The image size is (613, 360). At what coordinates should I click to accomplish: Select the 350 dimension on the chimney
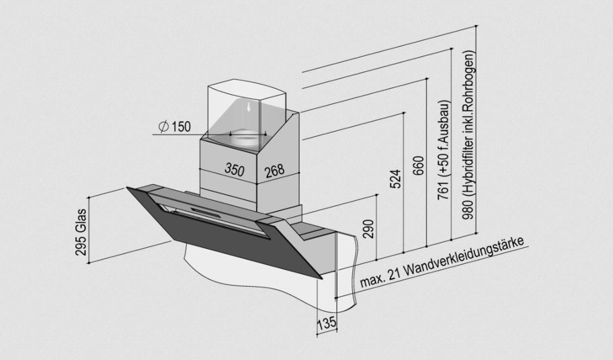coord(235,169)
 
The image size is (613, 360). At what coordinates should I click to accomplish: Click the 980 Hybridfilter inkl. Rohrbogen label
coord(468,134)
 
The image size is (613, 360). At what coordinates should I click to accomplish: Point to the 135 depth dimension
coord(326,324)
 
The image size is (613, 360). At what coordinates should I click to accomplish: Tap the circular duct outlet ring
coord(246,137)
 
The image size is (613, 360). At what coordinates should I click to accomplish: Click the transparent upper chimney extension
coord(245,107)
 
